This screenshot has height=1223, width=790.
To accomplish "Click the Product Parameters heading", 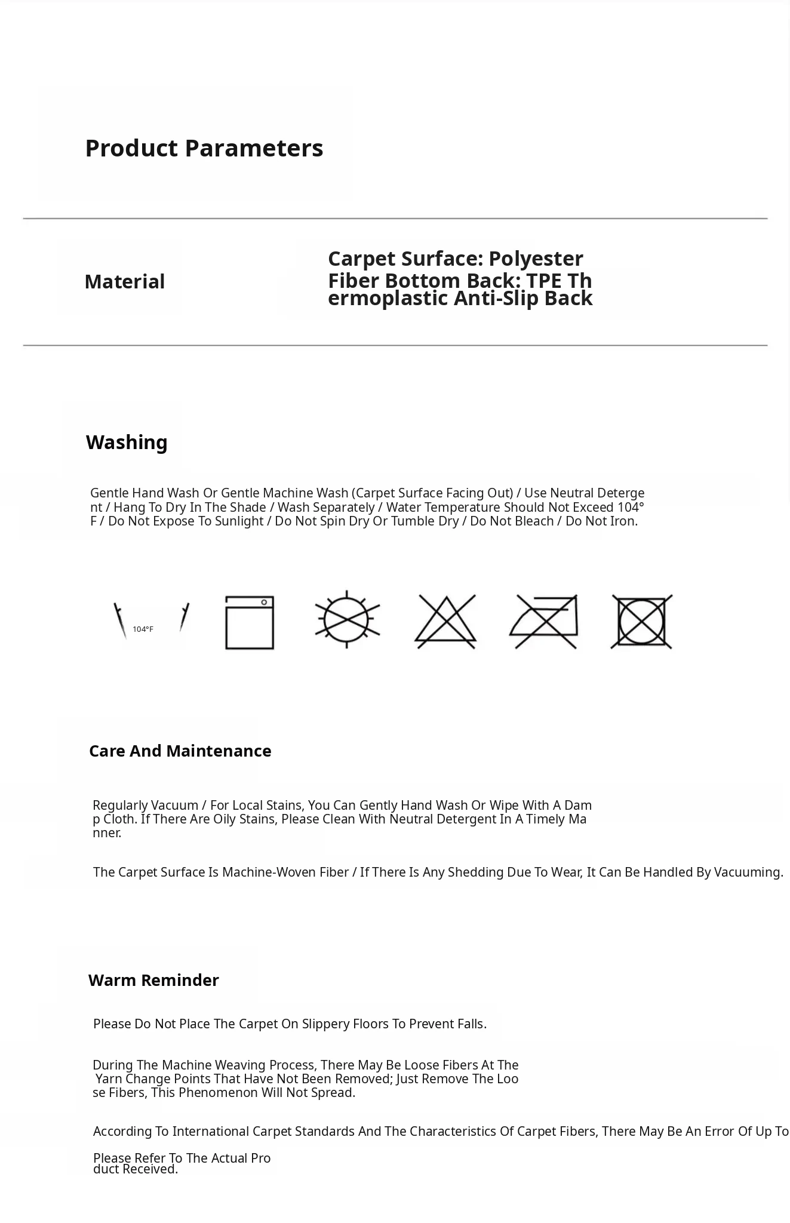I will [204, 148].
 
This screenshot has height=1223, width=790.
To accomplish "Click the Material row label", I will [124, 282].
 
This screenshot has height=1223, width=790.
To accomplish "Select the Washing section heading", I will [127, 443].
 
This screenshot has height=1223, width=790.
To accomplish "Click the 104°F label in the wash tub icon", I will [143, 629].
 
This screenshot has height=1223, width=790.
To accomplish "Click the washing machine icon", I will [250, 622].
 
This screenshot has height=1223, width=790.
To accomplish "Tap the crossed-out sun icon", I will [348, 620].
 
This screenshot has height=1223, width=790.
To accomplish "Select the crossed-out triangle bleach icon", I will [445, 622].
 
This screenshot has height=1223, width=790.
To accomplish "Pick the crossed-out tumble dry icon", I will [642, 622].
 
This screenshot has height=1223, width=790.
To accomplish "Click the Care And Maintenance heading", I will [180, 751].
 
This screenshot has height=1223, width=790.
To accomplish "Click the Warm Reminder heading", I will [153, 981].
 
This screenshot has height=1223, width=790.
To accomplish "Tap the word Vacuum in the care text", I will [174, 806].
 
